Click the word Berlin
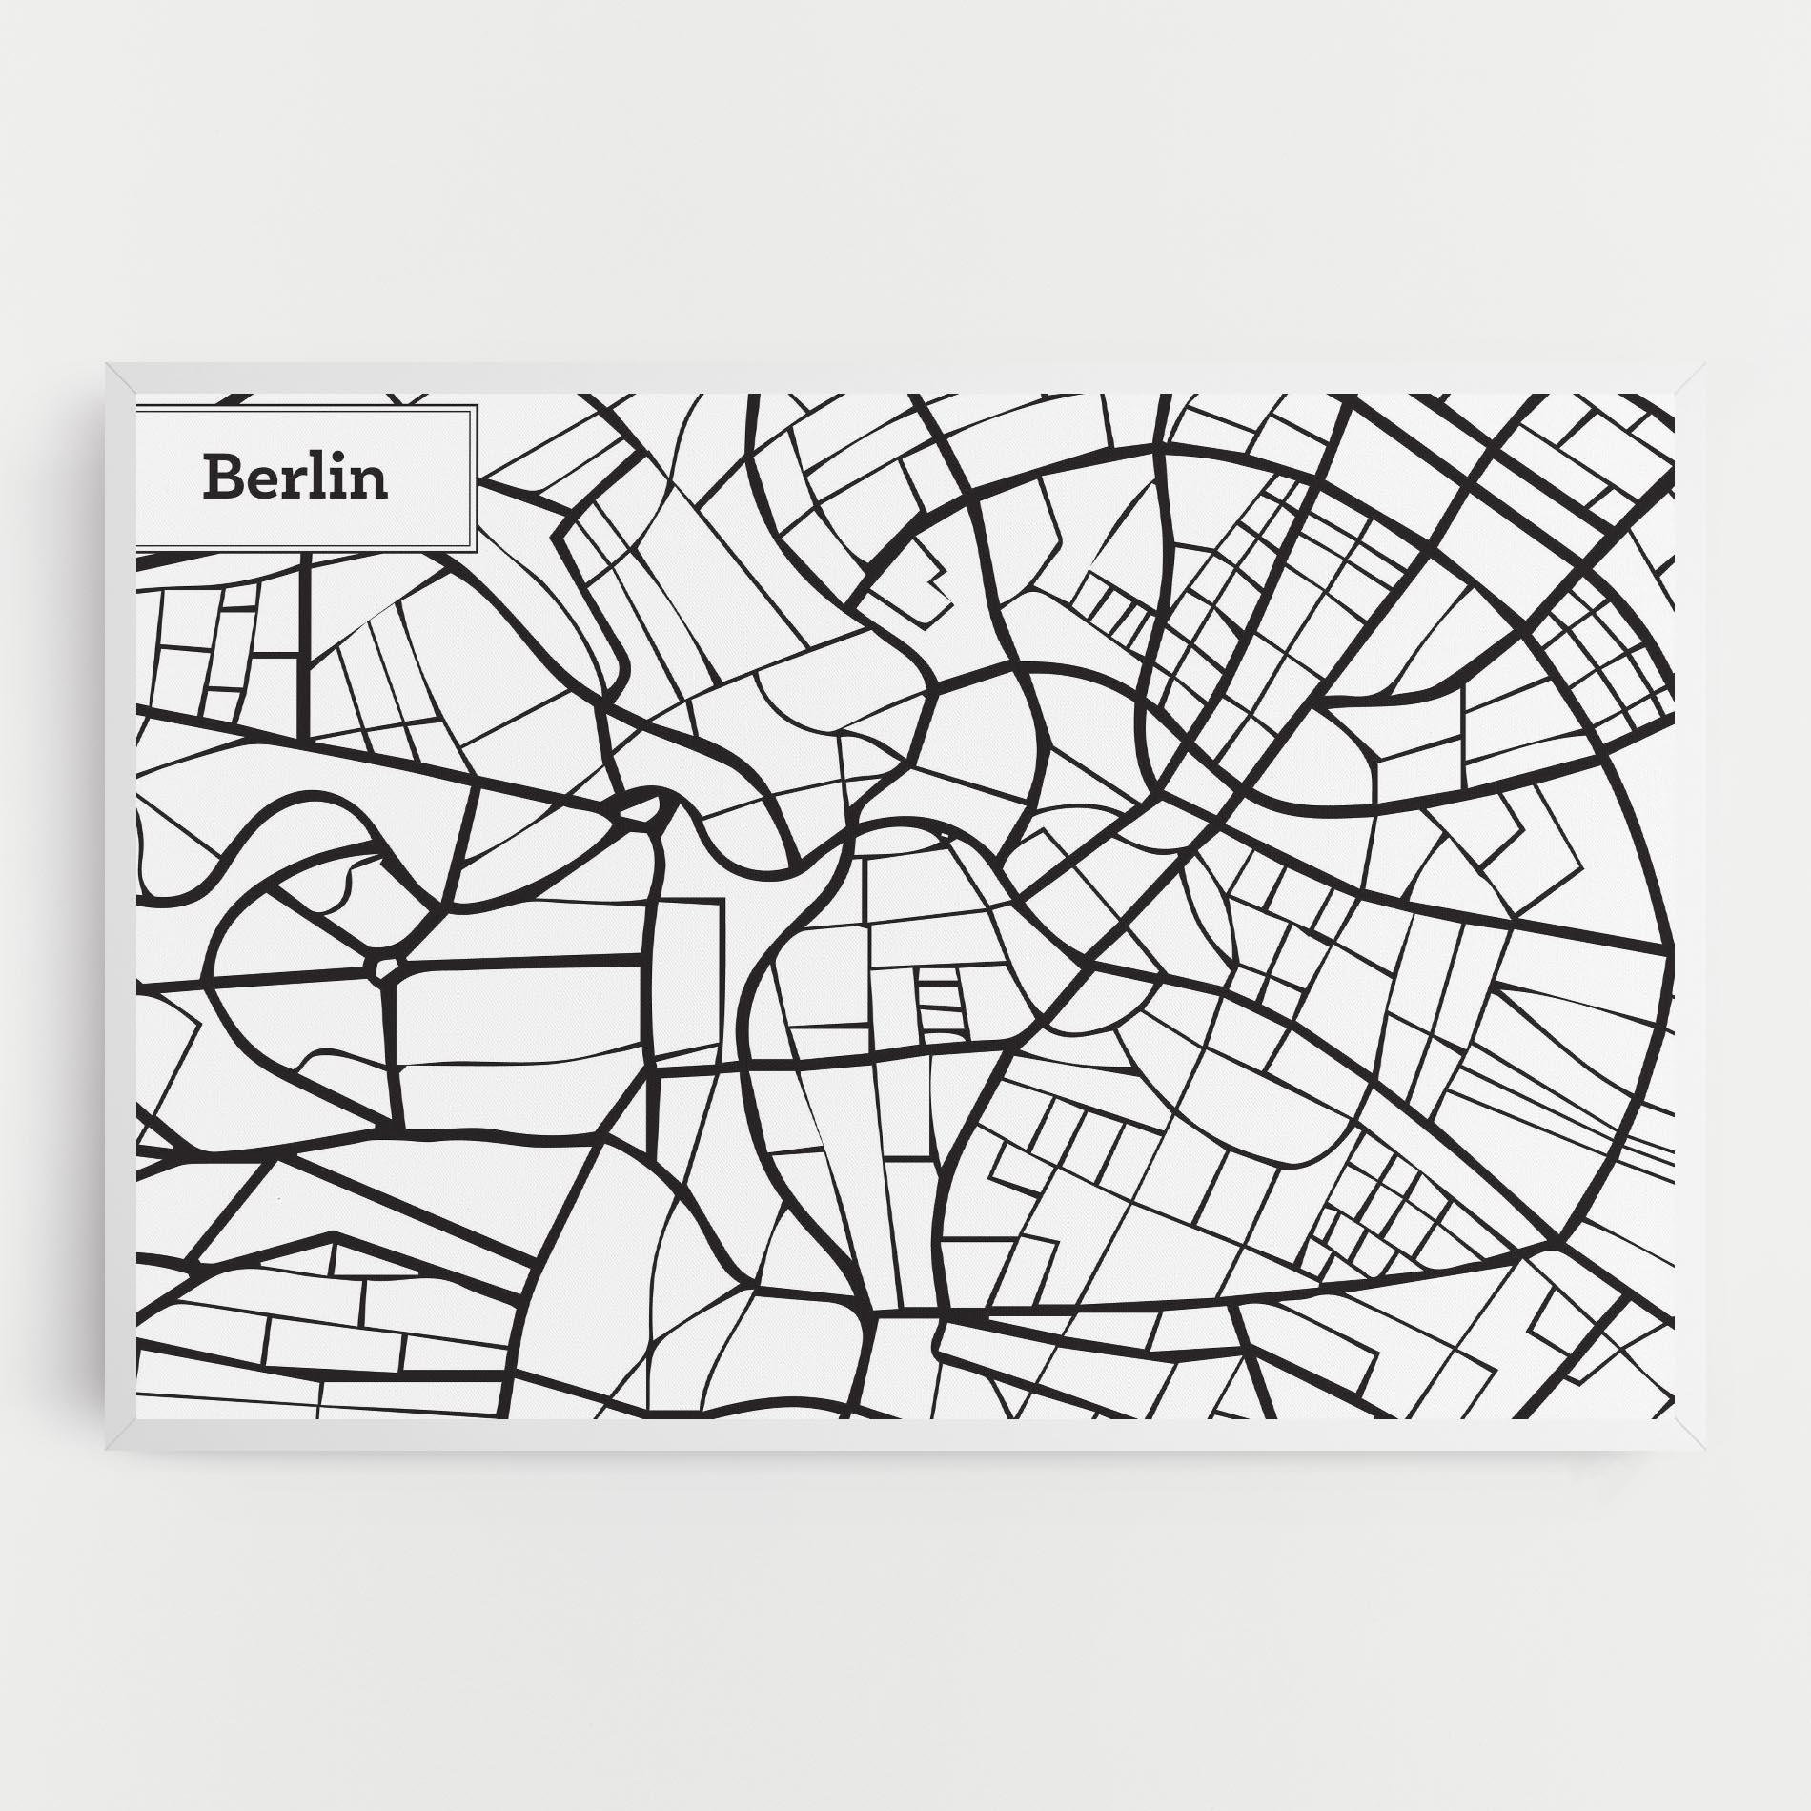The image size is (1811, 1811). pyautogui.click(x=295, y=478)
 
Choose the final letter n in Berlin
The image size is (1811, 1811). pyautogui.click(x=372, y=482)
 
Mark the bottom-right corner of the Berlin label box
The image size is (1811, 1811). pyautogui.click(x=476, y=550)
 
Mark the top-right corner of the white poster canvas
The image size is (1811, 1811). pyautogui.click(x=1674, y=393)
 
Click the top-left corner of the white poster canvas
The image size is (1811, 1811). pyautogui.click(x=136, y=393)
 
